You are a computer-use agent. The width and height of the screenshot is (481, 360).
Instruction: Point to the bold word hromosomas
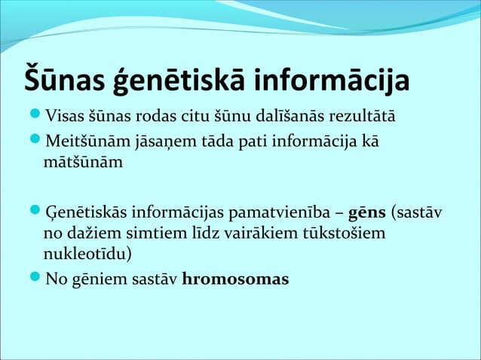pyautogui.click(x=235, y=280)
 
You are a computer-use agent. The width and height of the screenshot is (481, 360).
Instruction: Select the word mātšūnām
pyautogui.click(x=83, y=161)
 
